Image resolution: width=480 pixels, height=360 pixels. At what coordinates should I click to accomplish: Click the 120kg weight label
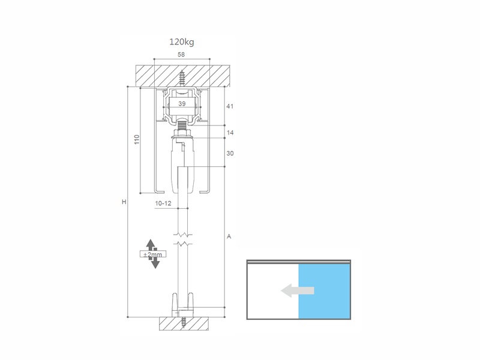[182, 42]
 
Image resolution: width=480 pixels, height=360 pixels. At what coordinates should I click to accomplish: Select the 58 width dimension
[181, 55]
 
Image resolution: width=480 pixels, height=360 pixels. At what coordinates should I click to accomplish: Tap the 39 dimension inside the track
[182, 104]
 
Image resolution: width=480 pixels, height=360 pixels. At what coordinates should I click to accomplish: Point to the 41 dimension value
[230, 106]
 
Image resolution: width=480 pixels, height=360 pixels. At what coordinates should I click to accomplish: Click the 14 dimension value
[230, 133]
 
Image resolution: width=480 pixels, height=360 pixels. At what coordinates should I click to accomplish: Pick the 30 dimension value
[230, 154]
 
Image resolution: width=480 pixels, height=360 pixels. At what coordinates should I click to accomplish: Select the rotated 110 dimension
[137, 140]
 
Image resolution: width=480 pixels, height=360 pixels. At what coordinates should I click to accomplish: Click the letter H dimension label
[124, 202]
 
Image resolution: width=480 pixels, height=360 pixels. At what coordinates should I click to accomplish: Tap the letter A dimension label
[229, 236]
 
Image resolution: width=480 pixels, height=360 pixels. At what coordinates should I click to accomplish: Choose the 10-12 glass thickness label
[163, 203]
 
